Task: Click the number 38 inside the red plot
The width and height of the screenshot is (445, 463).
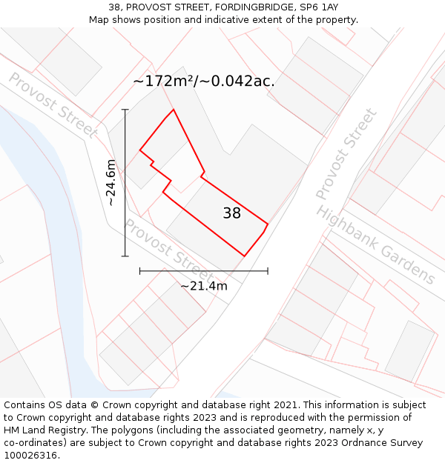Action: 231,213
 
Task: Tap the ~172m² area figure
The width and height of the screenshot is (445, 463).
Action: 163,81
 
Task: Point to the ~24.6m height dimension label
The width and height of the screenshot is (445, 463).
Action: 111,182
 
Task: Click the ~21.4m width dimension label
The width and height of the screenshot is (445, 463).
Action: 204,285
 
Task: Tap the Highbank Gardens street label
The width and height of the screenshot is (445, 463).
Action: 376,245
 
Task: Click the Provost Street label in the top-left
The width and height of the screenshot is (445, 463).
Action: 53,105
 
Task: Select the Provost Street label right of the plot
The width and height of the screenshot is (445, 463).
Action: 346,154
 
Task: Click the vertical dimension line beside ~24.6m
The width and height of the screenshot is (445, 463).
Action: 125,183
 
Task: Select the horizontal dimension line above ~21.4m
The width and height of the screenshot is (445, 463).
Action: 204,271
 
